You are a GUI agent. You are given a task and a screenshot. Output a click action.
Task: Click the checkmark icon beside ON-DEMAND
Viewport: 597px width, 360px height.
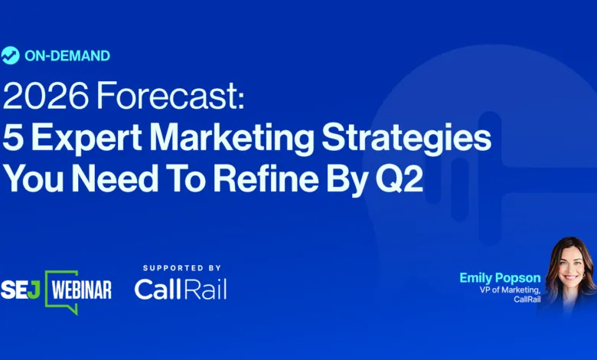11,55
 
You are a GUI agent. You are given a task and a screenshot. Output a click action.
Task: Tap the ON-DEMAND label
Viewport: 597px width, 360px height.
67,56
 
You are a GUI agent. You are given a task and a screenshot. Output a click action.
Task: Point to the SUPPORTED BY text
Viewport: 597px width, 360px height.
182,268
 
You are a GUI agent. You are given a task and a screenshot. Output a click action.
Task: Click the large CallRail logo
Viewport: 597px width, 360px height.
181,288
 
